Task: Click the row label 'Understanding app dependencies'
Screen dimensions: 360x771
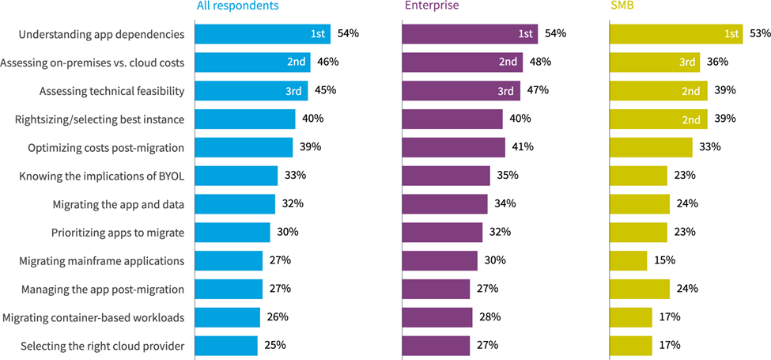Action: (100, 34)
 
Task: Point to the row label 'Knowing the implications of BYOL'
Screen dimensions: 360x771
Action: (101, 176)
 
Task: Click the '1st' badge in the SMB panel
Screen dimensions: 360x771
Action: (731, 34)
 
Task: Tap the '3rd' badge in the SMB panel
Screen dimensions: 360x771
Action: (688, 63)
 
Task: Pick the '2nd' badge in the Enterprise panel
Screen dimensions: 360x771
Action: (508, 63)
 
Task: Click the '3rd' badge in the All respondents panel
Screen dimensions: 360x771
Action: (293, 91)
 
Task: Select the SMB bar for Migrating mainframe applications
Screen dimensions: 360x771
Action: (629, 260)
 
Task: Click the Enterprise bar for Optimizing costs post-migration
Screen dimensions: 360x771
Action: (454, 147)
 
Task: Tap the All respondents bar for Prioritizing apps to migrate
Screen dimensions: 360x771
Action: (232, 232)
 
